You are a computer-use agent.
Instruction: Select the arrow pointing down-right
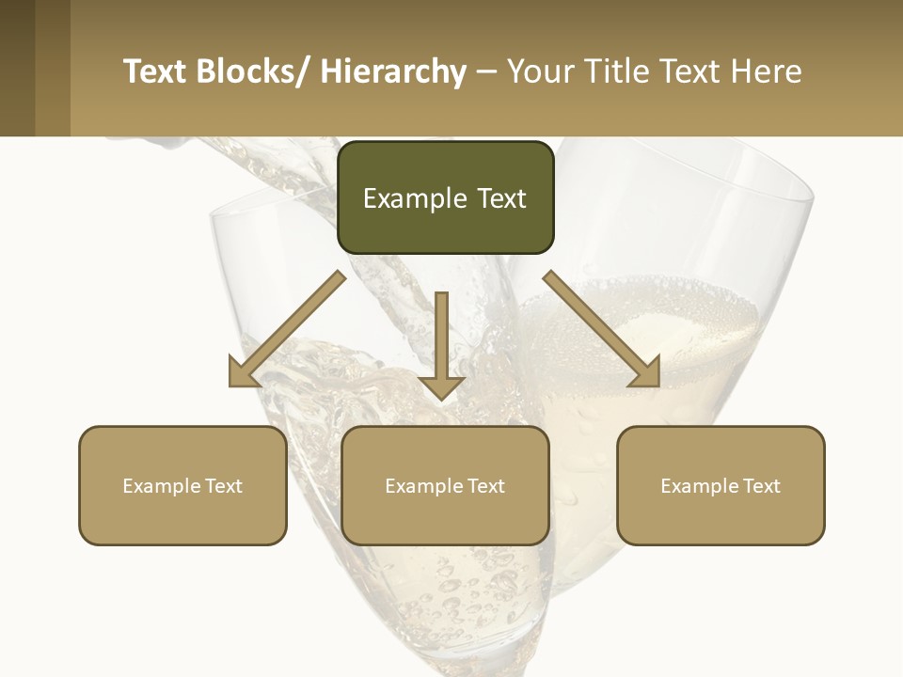click(x=602, y=329)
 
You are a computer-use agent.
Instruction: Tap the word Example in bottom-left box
click(x=162, y=486)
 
